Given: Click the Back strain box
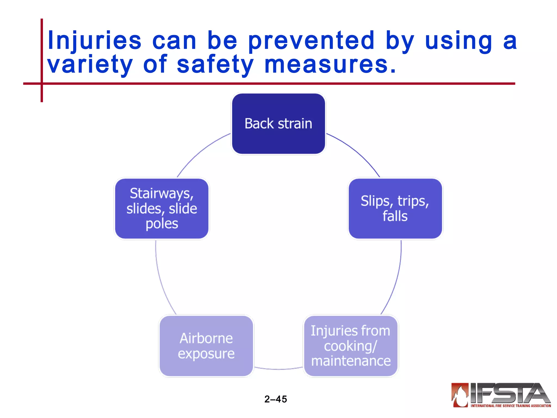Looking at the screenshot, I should coord(278,124).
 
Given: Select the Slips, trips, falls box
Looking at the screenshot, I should coord(395,208).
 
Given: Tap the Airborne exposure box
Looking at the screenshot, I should coord(206,346).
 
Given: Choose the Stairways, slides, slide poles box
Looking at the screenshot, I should coord(162,208).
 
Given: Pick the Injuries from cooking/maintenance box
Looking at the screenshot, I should coord(351,346).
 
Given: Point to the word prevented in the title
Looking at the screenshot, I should coord(311,41).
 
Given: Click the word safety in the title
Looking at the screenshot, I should coord(215,64).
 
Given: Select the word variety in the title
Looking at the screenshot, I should coord(90,64).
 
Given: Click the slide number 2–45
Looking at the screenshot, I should coord(276,399).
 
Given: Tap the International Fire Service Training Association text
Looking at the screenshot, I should coord(510,406).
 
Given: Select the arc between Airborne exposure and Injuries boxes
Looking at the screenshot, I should coord(278,369).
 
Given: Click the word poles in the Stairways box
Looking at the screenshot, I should coord(162,224).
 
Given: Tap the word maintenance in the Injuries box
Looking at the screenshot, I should coord(351,361).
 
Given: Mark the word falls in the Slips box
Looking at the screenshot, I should coord(395,216).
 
